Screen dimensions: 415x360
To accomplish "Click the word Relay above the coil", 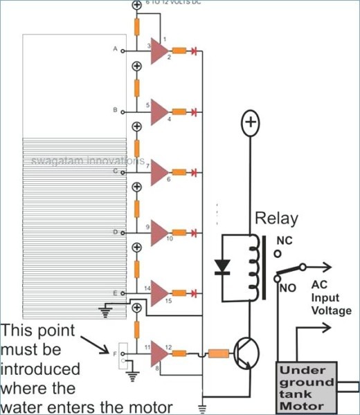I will point(276,219).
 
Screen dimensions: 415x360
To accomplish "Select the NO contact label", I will point(289,288).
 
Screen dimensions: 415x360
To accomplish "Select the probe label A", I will point(115,49).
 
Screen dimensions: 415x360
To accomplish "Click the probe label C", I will point(115,170).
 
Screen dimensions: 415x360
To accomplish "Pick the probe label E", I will point(115,293).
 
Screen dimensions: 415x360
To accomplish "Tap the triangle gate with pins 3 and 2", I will point(159,50).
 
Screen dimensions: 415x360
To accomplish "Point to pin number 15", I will point(168,301).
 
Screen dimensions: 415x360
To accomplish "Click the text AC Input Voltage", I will point(330,297).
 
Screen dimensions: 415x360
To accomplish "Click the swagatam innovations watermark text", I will point(87,161).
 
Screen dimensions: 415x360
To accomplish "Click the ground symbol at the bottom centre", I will point(202,407).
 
